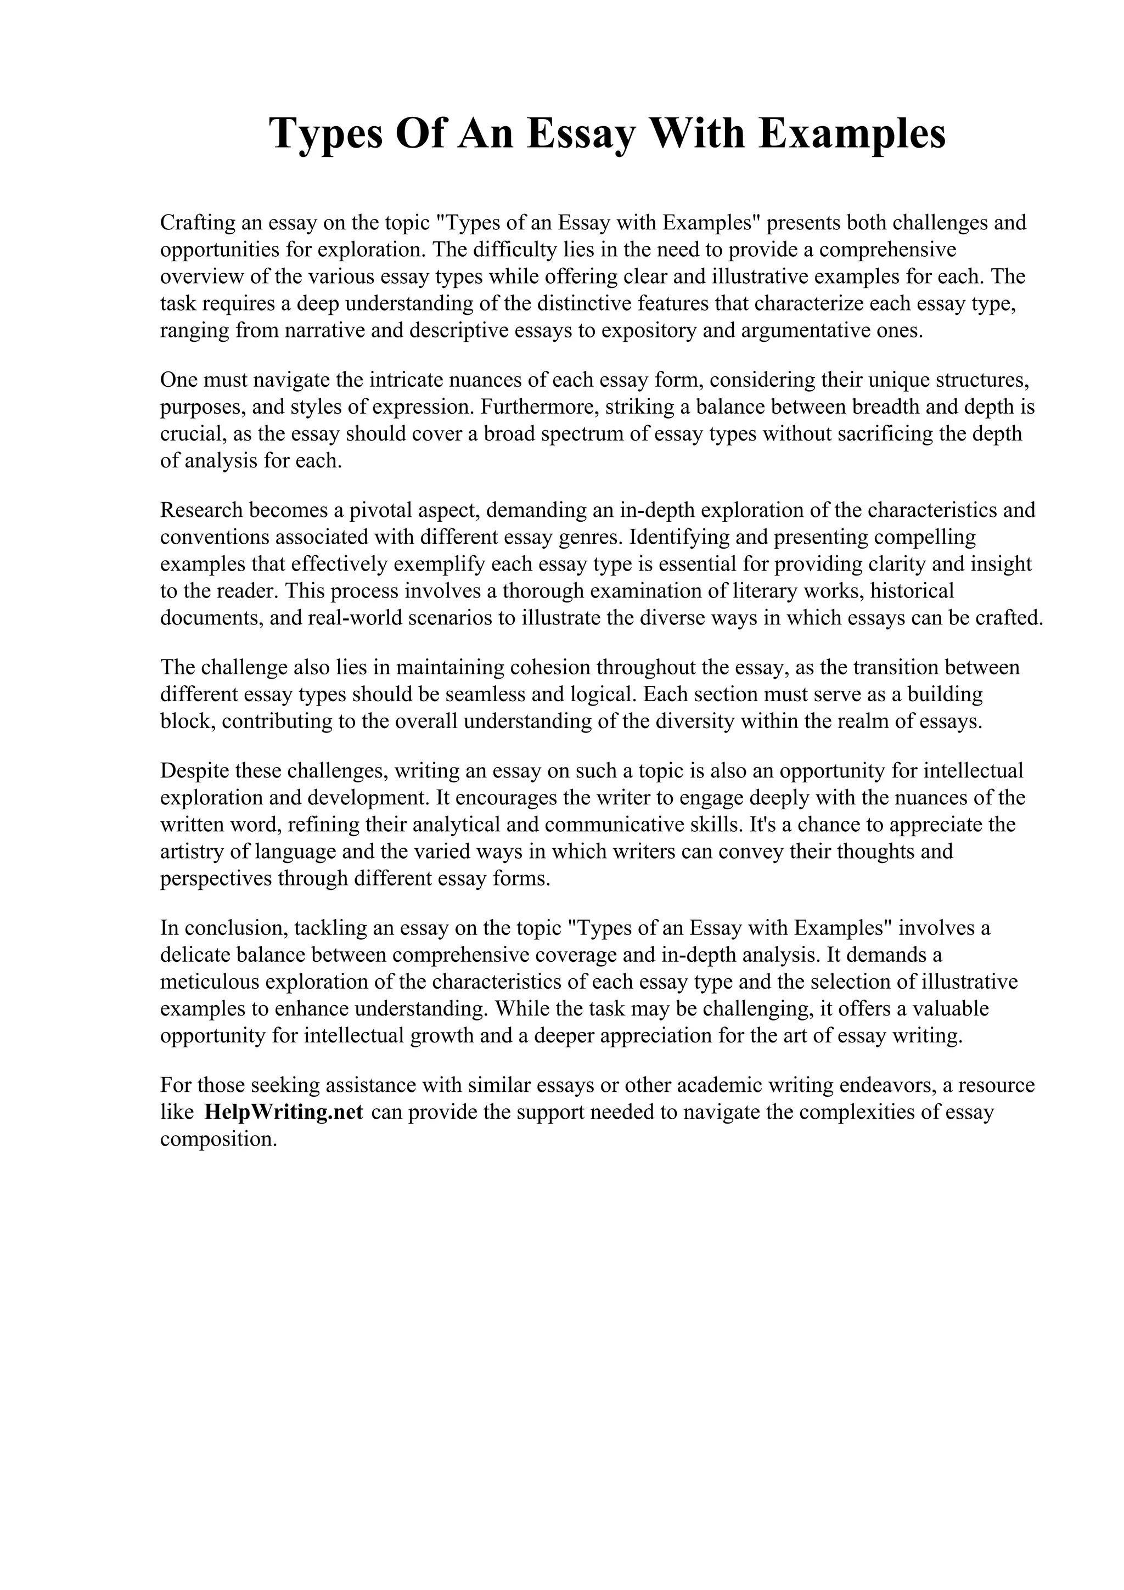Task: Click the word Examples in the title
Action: (851, 134)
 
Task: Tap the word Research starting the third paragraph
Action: (201, 510)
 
